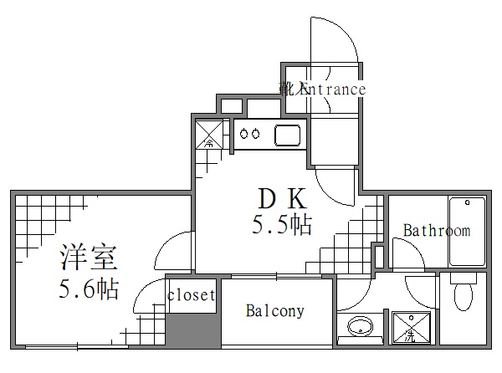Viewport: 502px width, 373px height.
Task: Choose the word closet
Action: point(192,295)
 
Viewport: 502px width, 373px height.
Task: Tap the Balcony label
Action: point(274,312)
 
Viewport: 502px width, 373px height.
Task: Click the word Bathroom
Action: point(436,231)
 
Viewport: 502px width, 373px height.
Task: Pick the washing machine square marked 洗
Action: point(410,328)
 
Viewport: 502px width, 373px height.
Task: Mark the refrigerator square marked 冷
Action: point(209,134)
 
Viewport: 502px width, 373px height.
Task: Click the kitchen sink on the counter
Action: point(288,134)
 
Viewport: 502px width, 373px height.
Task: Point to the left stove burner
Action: point(243,133)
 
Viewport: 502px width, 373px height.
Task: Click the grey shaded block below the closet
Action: point(192,330)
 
